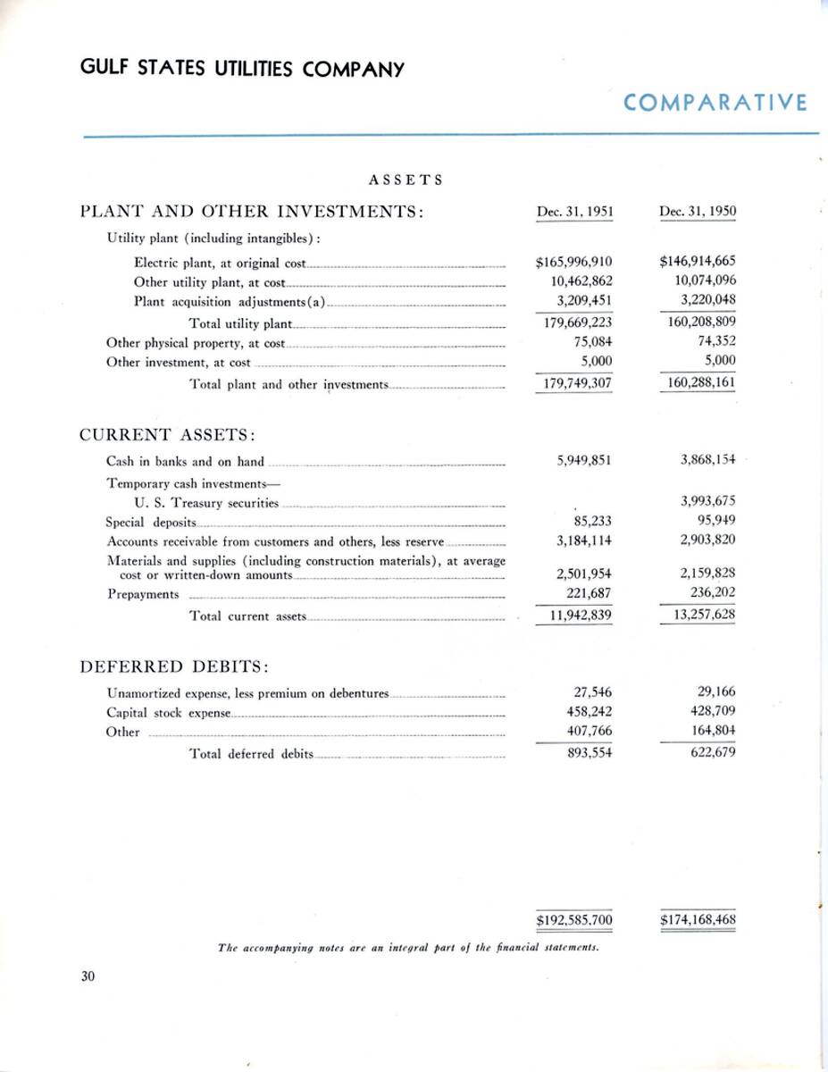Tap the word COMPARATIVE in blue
715,103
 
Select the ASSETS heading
406,180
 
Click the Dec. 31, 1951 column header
573,212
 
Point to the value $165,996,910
573,263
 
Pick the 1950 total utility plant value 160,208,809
701,322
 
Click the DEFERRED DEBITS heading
176,666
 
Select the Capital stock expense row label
168,713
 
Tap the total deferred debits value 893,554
589,753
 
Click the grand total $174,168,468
698,918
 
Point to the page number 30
88,976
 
